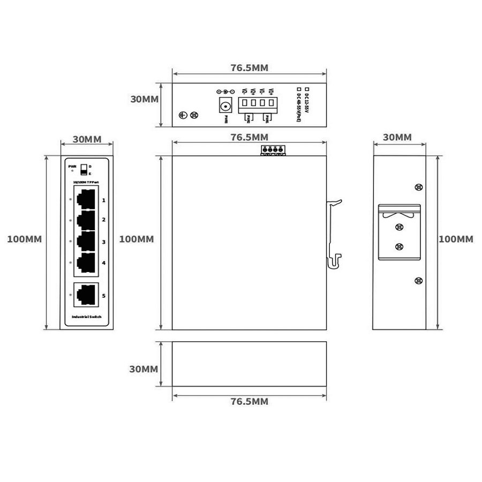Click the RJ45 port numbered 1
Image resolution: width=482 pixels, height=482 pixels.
coord(86,199)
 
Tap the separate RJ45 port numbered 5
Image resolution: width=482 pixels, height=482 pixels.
coord(86,294)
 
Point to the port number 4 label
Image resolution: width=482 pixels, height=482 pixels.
coord(103,262)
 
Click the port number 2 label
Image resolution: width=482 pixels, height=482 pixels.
coord(103,220)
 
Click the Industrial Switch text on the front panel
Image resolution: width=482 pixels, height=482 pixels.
coord(86,318)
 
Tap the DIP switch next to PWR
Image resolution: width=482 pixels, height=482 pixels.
coord(84,170)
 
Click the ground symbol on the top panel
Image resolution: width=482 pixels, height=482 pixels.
coord(182,115)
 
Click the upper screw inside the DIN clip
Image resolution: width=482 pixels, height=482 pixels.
coord(398,227)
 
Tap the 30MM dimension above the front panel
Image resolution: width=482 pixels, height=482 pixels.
coord(87,139)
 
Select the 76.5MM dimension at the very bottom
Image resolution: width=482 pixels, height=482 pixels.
coord(250,401)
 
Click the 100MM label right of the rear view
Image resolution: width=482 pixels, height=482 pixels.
coord(456,239)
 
